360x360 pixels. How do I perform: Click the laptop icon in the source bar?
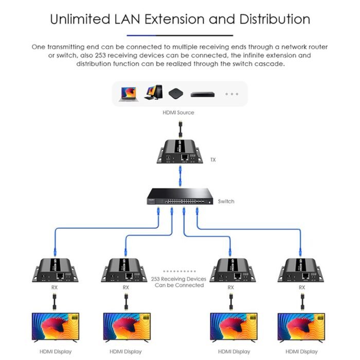pyautogui.click(x=128, y=94)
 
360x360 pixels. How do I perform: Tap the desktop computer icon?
pyautogui.click(x=152, y=93)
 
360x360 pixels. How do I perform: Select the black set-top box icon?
pyautogui.click(x=175, y=94)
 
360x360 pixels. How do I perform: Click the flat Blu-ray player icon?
pyautogui.click(x=202, y=94)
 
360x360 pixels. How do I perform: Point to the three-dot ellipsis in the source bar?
pyautogui.click(x=232, y=94)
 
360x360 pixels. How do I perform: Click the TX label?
pyautogui.click(x=213, y=160)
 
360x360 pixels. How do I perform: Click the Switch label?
pyautogui.click(x=226, y=202)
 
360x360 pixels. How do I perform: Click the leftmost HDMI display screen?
pyautogui.click(x=54, y=327)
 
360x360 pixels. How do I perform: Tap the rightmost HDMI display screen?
pyautogui.click(x=301, y=327)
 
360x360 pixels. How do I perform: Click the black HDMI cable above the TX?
pyautogui.click(x=179, y=128)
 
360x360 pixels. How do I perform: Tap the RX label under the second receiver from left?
pyautogui.click(x=125, y=287)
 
